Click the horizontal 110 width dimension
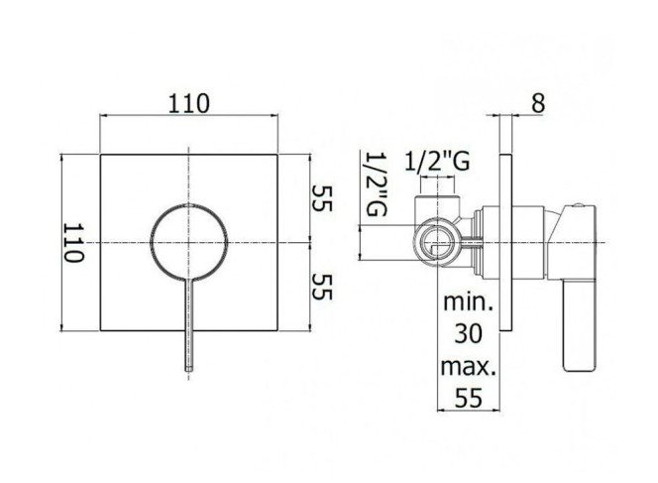pos(188,103)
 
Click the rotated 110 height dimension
pos(74,242)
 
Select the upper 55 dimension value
pos(322,198)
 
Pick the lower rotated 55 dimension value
pos(322,287)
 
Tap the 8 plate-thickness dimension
pos(538,103)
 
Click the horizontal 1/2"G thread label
pos(437,162)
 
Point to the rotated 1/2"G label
pos(376,183)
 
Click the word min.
pos(468,302)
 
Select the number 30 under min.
pos(468,334)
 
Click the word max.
pos(469,367)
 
